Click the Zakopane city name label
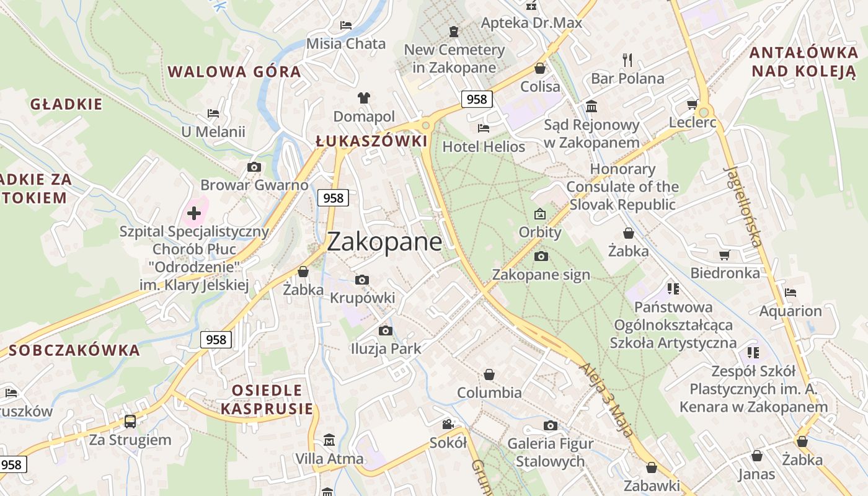coord(384,242)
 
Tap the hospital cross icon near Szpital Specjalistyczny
coord(194,214)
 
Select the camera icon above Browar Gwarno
coord(254,167)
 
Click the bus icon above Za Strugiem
coord(130,422)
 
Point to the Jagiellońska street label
coord(743,206)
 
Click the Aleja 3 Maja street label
coord(607,400)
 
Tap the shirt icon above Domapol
coord(364,98)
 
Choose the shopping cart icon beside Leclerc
coord(693,104)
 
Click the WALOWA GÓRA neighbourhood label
coord(234,71)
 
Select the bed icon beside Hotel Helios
coord(484,128)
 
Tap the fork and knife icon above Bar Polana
coord(627,60)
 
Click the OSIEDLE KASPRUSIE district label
coord(267,399)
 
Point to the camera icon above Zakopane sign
coord(541,256)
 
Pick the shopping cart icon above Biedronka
coord(724,255)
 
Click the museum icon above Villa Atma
coord(329,440)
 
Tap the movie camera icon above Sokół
coord(448,425)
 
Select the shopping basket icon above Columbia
coord(489,374)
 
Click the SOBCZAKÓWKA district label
coord(74,350)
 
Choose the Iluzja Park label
coord(386,348)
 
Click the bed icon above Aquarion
coord(790,293)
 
